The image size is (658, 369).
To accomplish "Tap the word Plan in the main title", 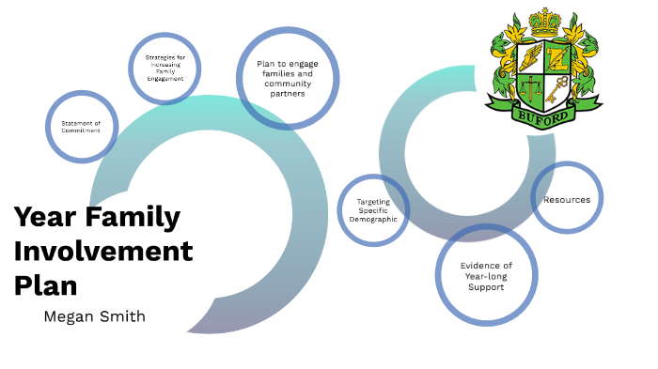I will point(45,284).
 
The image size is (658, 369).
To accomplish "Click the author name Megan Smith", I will point(94,316).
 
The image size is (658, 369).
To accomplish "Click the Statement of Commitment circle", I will point(81,126).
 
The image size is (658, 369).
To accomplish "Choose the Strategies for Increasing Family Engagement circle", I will point(164,68).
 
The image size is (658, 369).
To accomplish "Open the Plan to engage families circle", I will point(287,79).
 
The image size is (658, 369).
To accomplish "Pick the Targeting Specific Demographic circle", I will point(373,210).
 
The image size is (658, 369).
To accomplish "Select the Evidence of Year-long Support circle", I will point(486,275).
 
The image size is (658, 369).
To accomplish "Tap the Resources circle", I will point(567,199).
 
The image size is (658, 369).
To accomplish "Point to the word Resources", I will point(567,200).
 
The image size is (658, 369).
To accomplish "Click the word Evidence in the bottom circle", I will point(486,265).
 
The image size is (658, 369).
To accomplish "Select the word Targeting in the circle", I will point(373,201).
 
